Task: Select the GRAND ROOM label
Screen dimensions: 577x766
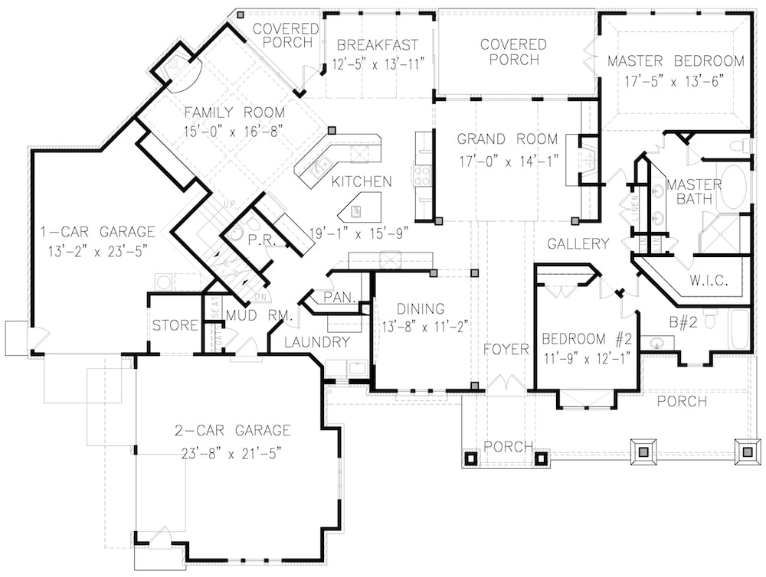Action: click(x=507, y=139)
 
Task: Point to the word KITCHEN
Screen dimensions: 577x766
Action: click(x=362, y=182)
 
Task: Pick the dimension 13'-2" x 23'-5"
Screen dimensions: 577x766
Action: click(x=97, y=249)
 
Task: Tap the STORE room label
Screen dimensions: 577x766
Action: click(x=175, y=326)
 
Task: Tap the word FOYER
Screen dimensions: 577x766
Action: click(x=506, y=350)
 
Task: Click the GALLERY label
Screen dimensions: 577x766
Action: click(x=578, y=244)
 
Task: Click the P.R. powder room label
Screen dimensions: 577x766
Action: click(x=256, y=240)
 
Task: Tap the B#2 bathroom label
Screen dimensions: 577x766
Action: click(x=683, y=323)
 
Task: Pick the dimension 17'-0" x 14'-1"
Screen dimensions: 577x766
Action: click(x=507, y=161)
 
